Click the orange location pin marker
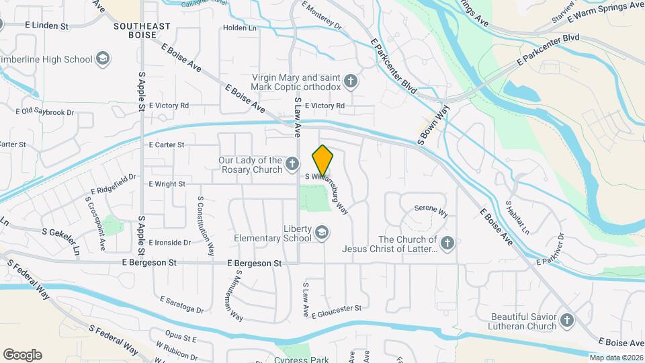pos(323,161)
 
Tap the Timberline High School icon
pos(103,59)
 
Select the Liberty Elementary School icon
pos(322,233)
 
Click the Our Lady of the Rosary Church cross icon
pos(292,163)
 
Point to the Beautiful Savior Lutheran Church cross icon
pos(566,321)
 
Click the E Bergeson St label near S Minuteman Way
pos(253,264)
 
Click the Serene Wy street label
pos(431,210)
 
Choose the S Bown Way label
pos(433,126)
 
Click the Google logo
pos(22,355)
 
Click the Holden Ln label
pos(240,28)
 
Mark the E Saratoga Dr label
pos(181,305)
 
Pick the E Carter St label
pos(167,145)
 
